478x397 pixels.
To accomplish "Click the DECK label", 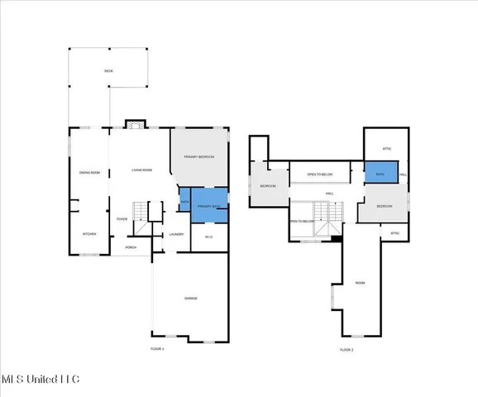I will click(x=108, y=71).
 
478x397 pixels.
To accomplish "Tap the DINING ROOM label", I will click(x=89, y=172).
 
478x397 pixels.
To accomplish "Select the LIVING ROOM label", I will click(x=142, y=170).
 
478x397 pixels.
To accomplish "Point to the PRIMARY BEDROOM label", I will click(x=199, y=156).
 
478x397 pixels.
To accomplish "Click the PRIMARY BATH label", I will click(x=209, y=205).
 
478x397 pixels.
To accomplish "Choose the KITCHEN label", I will click(x=89, y=234).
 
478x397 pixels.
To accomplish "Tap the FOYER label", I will click(x=122, y=219).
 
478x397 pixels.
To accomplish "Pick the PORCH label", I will click(x=131, y=247).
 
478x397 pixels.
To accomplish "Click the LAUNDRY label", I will click(x=176, y=234).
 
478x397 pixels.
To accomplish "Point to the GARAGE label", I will click(x=190, y=298).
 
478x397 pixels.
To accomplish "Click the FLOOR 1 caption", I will click(x=157, y=349).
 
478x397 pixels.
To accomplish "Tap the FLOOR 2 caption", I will click(x=347, y=350).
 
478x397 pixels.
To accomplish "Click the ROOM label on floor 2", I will click(x=360, y=282).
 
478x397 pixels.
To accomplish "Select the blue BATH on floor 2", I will click(x=380, y=175).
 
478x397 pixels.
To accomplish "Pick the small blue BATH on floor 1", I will click(x=184, y=201).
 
